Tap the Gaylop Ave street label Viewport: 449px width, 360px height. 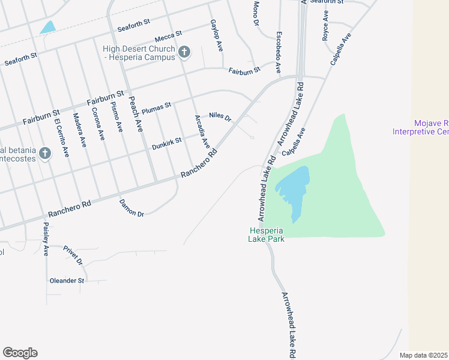[x=217, y=34]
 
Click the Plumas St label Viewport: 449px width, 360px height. [x=157, y=108]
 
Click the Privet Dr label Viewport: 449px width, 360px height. [x=72, y=255]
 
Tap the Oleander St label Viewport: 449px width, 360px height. [x=67, y=280]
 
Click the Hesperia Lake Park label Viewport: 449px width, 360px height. [x=267, y=235]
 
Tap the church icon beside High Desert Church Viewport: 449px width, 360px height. [x=184, y=53]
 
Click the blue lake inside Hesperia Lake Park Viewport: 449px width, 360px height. [x=295, y=189]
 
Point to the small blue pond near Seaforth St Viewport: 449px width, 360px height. [x=47, y=27]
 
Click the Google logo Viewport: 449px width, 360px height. [x=20, y=353]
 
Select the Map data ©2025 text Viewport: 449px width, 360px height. [x=424, y=355]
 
